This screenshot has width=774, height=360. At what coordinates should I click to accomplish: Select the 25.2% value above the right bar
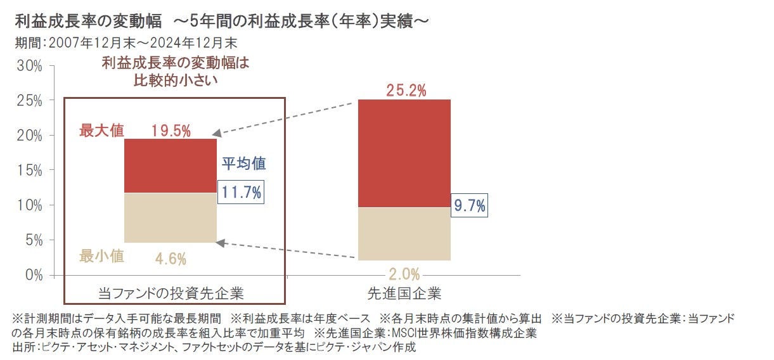click(406, 91)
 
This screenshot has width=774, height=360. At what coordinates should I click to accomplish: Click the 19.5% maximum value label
click(171, 131)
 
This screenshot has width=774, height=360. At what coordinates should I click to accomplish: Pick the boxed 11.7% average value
click(240, 193)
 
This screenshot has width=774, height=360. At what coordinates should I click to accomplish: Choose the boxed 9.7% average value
click(470, 205)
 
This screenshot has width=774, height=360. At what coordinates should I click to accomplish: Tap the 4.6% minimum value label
click(171, 259)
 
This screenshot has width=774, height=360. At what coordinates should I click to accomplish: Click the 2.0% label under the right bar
click(404, 274)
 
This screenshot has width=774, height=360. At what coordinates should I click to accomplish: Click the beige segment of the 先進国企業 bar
click(404, 234)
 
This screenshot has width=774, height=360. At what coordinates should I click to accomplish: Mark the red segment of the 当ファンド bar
click(171, 165)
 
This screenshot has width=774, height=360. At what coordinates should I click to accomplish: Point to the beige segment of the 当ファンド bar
click(171, 217)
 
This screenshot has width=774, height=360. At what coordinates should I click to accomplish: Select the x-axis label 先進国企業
click(404, 293)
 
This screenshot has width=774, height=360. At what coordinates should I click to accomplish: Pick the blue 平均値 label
click(243, 164)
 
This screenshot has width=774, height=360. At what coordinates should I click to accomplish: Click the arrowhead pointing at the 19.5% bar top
click(216, 134)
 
